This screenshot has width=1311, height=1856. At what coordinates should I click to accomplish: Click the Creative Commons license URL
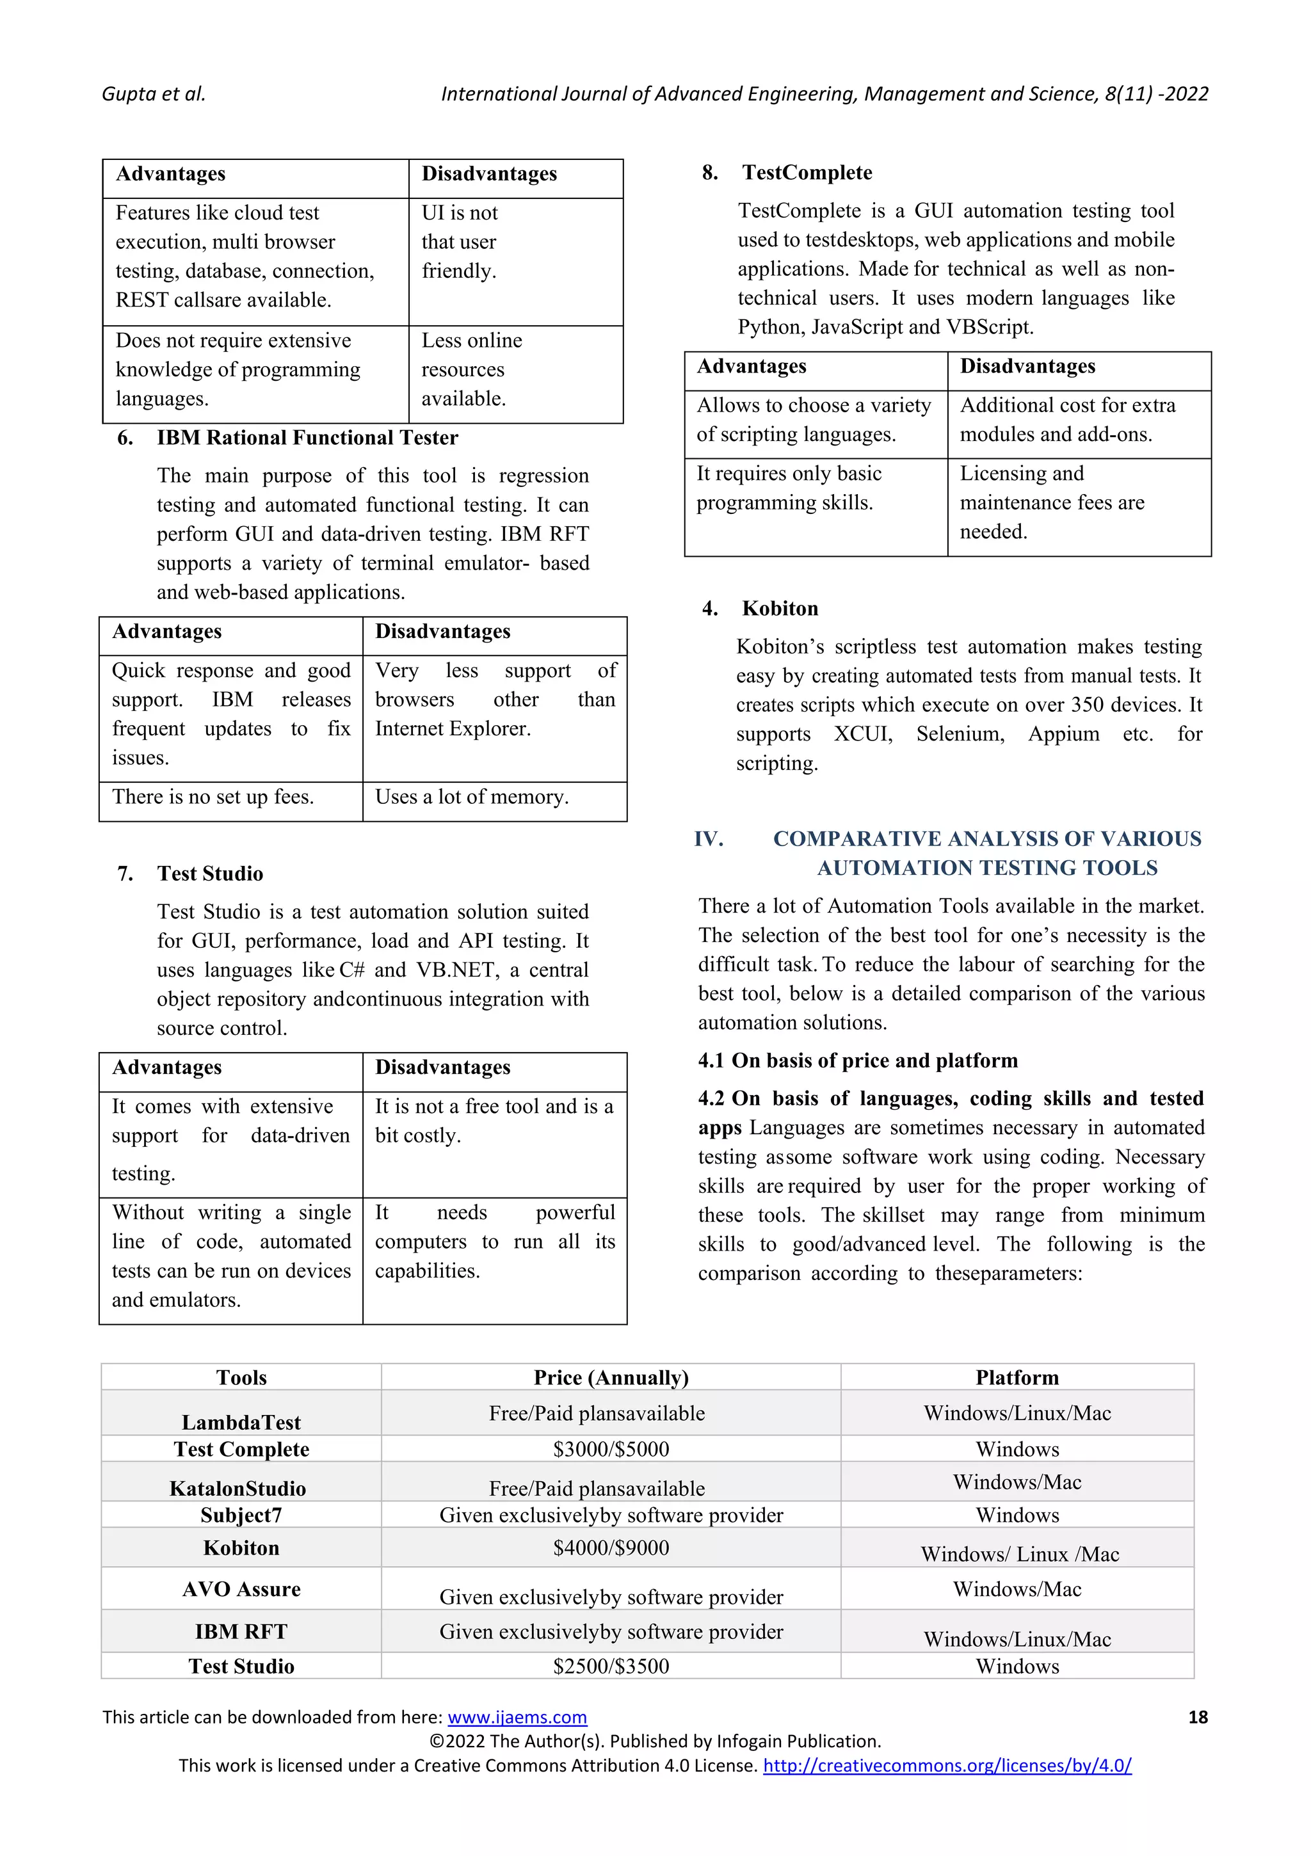click(946, 1766)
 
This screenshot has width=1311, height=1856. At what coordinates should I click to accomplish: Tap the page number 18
click(1197, 1717)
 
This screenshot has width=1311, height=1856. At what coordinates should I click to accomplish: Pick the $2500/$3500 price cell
click(611, 1666)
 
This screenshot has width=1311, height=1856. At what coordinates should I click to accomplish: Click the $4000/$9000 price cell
click(611, 1548)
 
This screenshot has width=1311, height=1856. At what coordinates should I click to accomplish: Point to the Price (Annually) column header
click(611, 1377)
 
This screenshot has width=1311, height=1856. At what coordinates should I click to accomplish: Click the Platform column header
click(1017, 1377)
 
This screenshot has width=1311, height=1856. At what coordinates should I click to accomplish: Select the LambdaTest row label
click(241, 1422)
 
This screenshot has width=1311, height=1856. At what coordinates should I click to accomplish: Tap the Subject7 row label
click(241, 1515)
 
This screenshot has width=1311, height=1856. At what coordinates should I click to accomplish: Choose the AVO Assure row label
click(241, 1589)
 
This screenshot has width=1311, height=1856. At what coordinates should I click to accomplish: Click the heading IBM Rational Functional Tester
click(307, 438)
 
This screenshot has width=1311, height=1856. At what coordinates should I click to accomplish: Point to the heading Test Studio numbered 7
click(210, 874)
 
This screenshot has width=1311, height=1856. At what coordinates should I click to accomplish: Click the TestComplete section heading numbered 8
click(807, 173)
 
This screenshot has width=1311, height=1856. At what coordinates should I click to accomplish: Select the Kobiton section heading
click(780, 609)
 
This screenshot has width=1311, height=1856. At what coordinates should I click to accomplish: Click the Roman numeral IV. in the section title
click(709, 839)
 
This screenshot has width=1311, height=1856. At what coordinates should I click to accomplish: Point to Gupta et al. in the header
click(154, 95)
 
